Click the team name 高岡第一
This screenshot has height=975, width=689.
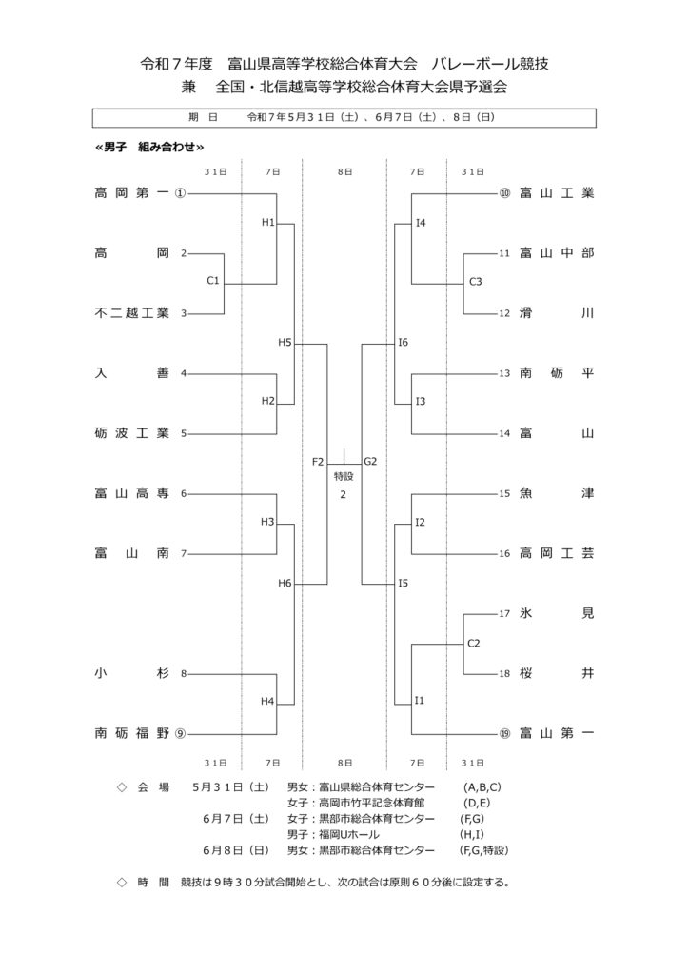(x=131, y=193)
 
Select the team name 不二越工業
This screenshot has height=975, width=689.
(x=131, y=313)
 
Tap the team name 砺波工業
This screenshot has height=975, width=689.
(x=131, y=433)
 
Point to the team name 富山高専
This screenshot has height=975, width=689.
(x=131, y=494)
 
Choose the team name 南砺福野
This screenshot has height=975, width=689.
(x=131, y=734)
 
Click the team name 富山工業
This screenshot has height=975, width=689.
(x=557, y=193)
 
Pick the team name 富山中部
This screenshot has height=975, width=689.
(x=557, y=253)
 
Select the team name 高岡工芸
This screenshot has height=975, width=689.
(x=557, y=553)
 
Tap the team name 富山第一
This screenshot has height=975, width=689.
(x=557, y=734)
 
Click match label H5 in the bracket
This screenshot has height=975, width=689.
(x=285, y=342)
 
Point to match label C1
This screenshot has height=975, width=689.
(x=213, y=281)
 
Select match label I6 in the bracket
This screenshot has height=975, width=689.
(x=404, y=342)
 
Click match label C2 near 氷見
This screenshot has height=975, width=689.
(x=473, y=644)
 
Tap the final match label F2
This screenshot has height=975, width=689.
(x=318, y=462)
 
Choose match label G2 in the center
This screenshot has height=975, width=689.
(x=370, y=462)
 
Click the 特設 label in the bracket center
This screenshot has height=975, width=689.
(x=344, y=477)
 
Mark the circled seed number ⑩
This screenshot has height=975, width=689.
(x=504, y=193)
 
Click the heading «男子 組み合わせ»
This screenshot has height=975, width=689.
(x=149, y=147)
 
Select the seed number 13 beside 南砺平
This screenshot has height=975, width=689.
(x=504, y=373)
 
